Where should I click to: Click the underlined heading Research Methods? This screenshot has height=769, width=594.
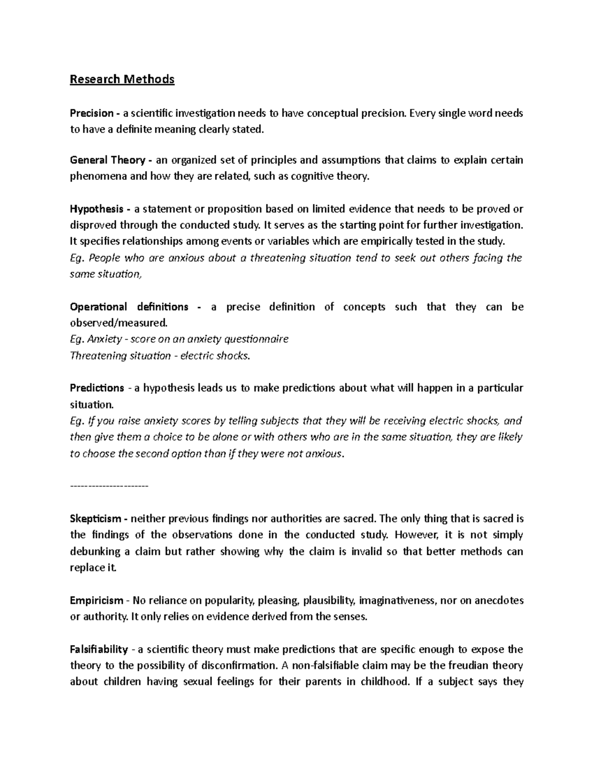click(122, 79)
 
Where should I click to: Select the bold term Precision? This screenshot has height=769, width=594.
click(92, 113)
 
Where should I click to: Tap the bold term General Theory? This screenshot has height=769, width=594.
click(107, 160)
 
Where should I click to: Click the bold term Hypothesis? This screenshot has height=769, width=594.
click(97, 209)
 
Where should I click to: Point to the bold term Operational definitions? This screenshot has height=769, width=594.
click(129, 307)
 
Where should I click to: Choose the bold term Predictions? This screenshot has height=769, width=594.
click(97, 388)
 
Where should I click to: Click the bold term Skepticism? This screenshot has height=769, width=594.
click(96, 519)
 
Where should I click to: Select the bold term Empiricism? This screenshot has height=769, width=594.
click(96, 601)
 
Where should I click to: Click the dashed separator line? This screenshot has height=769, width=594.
click(109, 487)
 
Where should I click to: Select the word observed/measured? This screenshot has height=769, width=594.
click(119, 323)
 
